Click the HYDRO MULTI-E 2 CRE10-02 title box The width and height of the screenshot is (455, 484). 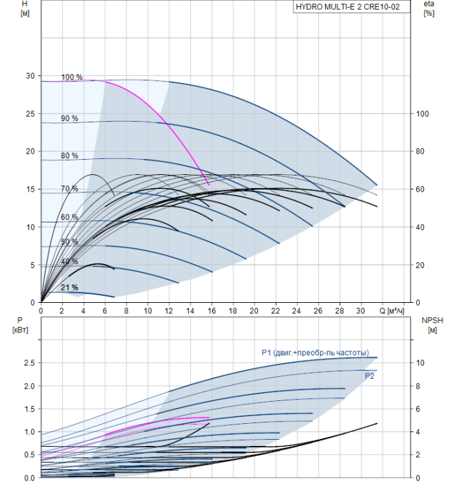(351, 7)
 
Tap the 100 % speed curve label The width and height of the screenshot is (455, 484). (72, 77)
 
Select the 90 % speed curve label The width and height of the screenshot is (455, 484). (69, 118)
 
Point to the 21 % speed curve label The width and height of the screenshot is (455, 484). (69, 288)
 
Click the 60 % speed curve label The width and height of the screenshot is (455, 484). (69, 217)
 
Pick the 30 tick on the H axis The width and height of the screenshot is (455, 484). (30, 76)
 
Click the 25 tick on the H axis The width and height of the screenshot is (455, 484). (30, 114)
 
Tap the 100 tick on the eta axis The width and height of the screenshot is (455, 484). (423, 114)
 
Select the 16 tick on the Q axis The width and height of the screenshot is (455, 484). (212, 310)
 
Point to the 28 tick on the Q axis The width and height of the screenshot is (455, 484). (340, 310)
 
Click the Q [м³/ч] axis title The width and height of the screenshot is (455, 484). (391, 310)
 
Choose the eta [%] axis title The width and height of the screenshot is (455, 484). (429, 8)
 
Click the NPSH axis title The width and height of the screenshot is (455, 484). (432, 325)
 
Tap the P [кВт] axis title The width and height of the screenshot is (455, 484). (20, 325)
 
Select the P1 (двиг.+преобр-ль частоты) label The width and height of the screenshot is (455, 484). (315, 353)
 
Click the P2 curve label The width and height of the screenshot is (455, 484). (369, 376)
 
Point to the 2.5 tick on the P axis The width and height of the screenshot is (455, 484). (29, 363)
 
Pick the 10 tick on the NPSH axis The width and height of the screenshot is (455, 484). (420, 363)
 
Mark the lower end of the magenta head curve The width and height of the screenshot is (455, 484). (209, 185)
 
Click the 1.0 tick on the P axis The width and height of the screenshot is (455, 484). (29, 432)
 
